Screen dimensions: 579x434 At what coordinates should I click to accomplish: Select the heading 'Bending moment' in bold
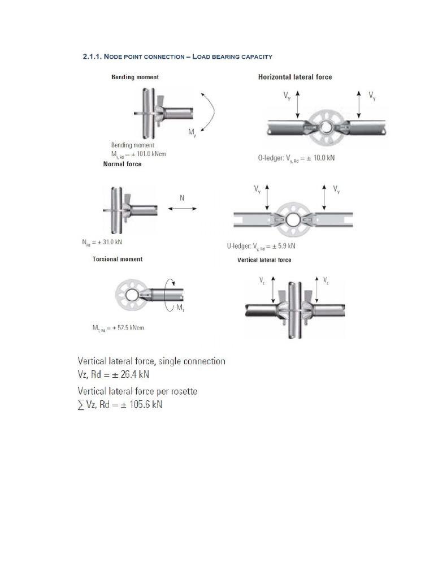point(135,77)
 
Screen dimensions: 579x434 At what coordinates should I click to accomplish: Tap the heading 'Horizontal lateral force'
point(295,77)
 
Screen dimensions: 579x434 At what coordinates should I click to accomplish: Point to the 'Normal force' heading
point(122,165)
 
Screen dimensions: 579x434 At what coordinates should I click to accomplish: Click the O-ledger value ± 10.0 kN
point(316,158)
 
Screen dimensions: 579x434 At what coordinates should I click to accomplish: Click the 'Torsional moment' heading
point(118,259)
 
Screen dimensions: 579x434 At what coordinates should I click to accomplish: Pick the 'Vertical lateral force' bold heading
point(264,260)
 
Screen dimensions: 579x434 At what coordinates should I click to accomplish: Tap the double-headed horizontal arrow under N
point(182,209)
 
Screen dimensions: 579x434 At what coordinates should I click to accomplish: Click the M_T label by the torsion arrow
point(180,308)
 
